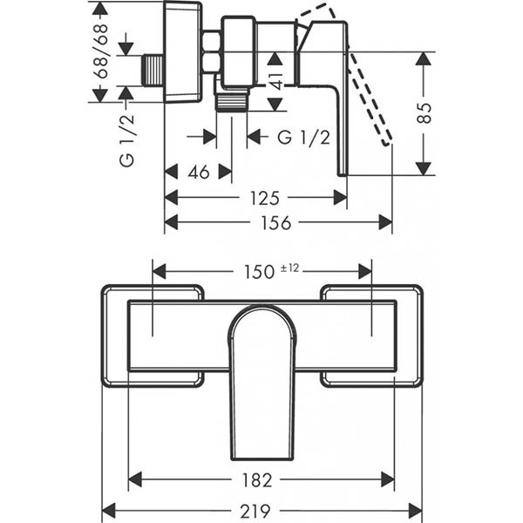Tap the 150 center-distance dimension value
pos(259,271)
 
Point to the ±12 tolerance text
pos(289,268)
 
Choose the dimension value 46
pos(199,172)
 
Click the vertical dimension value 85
pos(424,113)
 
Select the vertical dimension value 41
pos(275,81)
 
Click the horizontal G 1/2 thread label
pos(303,137)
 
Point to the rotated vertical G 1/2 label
pos(126,146)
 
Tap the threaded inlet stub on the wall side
pos(153,71)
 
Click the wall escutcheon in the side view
pos(183,51)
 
